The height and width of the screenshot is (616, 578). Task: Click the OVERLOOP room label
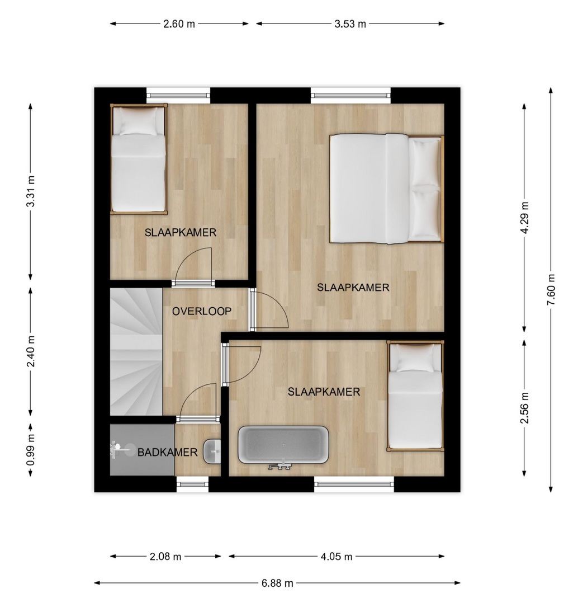click(202, 312)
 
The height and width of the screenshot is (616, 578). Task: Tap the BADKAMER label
click(167, 453)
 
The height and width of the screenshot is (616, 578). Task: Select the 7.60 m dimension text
click(551, 290)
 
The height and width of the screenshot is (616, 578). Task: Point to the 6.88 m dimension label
click(277, 583)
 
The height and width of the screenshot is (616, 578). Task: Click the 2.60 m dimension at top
click(179, 24)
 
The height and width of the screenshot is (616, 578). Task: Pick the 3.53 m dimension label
click(350, 24)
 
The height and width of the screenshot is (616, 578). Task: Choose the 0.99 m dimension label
click(31, 450)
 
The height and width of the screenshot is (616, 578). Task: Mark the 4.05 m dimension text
click(337, 557)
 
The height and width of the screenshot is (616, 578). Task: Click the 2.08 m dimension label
click(165, 557)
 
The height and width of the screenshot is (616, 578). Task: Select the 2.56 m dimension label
click(524, 408)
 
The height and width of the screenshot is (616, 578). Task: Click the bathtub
click(283, 445)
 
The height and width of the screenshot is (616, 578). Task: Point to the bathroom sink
click(212, 452)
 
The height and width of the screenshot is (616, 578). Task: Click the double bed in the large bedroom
click(386, 189)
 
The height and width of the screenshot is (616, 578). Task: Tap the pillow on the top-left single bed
click(138, 121)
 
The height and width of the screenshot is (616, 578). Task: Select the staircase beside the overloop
click(136, 351)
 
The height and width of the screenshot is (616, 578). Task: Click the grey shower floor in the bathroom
click(142, 450)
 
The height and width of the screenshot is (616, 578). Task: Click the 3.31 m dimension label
click(31, 191)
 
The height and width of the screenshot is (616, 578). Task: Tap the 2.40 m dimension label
click(31, 351)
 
